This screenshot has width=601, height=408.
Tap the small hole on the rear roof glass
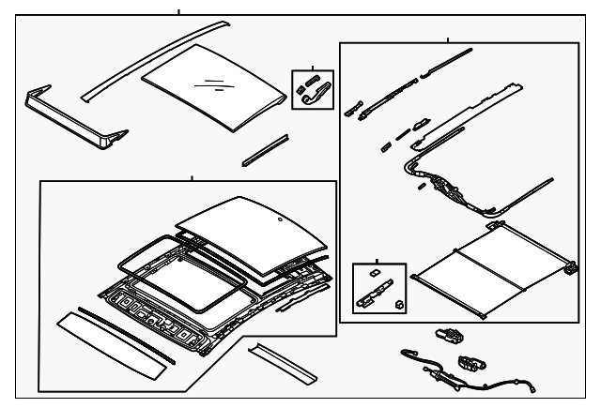pos(279,219)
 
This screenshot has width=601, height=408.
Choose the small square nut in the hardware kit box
pos(399,304)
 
